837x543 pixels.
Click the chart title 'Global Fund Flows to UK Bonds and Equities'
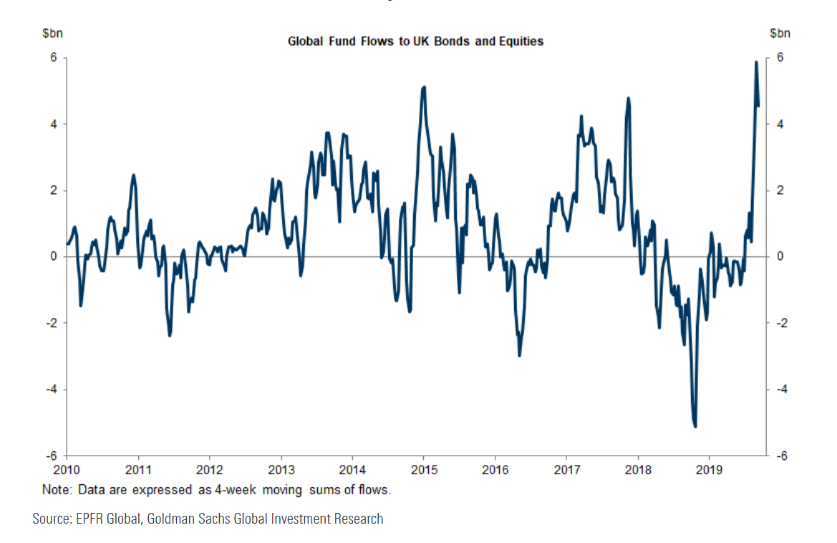[415, 42]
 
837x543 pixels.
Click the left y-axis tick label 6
[54, 58]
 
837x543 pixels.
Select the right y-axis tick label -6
[783, 456]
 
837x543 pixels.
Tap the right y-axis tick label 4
[781, 125]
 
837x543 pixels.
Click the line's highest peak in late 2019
[756, 62]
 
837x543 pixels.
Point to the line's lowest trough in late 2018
[695, 426]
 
